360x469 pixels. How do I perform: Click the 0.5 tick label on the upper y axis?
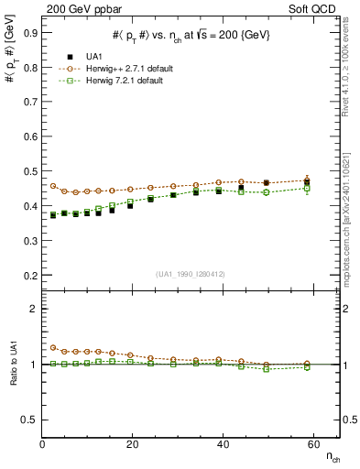pos(30,170)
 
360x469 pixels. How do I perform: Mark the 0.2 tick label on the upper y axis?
pos(30,275)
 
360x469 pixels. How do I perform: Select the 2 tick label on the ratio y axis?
pos(34,309)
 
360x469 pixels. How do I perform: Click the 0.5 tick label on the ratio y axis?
pos(30,420)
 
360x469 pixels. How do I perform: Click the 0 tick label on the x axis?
pos(42,444)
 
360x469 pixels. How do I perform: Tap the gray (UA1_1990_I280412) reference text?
pos(191,275)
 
